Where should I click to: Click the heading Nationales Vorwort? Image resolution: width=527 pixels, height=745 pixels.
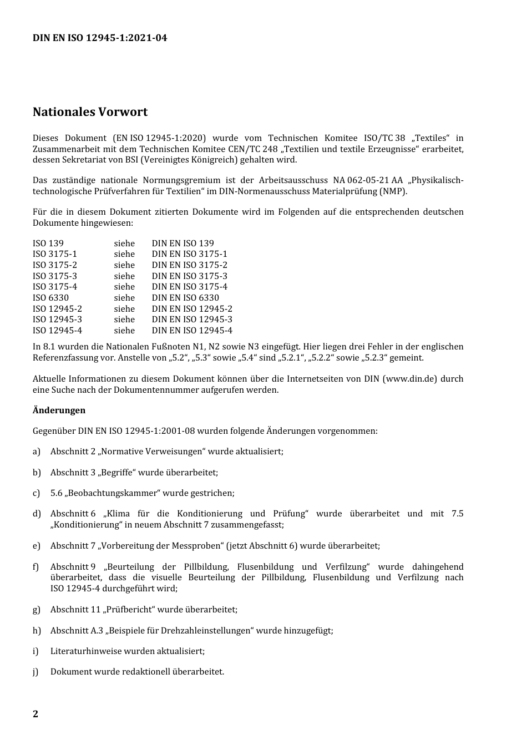[x=90, y=112]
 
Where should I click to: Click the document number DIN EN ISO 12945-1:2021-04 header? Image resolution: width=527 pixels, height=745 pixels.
[x=100, y=38]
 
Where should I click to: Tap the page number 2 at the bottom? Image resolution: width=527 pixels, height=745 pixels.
[x=36, y=714]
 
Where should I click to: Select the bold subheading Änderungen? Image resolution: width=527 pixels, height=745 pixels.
[x=59, y=410]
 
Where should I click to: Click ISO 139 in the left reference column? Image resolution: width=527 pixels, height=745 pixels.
[x=48, y=244]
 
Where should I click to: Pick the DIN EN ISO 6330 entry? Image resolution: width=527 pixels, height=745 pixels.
[x=185, y=298]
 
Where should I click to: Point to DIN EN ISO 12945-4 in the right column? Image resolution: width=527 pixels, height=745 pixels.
[x=192, y=331]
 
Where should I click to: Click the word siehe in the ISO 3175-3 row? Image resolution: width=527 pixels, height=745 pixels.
[x=124, y=276]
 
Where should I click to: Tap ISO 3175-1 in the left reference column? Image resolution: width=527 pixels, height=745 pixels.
[x=55, y=254]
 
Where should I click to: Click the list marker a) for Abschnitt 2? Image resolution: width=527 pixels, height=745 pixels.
[x=37, y=452]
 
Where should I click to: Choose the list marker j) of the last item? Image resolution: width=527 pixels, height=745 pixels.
[x=36, y=672]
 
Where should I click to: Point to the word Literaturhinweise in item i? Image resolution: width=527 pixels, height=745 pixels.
[x=86, y=651]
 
